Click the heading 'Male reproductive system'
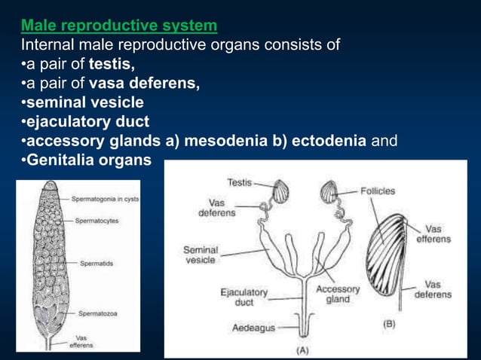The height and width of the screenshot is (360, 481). coord(119,26)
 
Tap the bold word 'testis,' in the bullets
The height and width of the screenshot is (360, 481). coord(112,64)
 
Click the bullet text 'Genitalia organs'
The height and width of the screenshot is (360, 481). coord(84,160)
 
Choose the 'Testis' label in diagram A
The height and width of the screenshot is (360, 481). coord(239,182)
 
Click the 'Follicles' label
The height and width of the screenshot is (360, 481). coord(377,191)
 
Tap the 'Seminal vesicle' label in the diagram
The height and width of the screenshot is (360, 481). coord(201,255)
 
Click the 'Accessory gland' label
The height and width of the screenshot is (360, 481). coord(337,294)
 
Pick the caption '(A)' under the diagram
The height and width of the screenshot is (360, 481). coord(302,349)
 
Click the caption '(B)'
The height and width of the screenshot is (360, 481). coord(389,324)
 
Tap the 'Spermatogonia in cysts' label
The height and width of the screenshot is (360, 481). coord(105,200)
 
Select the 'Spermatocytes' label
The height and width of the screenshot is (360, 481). coord(97,221)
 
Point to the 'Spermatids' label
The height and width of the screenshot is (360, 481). coord(97,263)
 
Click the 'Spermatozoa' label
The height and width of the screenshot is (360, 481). coord(97,313)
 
